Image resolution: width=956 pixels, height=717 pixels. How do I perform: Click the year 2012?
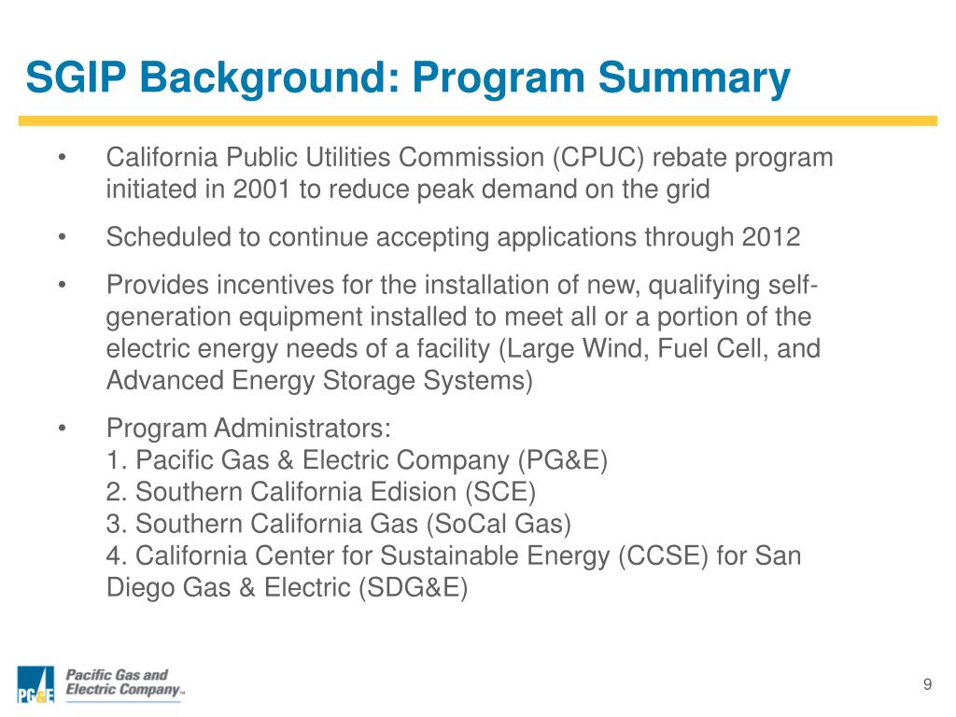point(771,237)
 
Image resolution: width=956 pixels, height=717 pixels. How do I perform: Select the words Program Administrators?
point(249,429)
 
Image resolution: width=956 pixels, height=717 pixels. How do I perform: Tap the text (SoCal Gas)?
point(500,524)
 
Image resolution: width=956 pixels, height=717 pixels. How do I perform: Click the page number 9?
point(927,685)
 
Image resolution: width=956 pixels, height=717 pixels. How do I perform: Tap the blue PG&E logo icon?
point(36,685)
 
